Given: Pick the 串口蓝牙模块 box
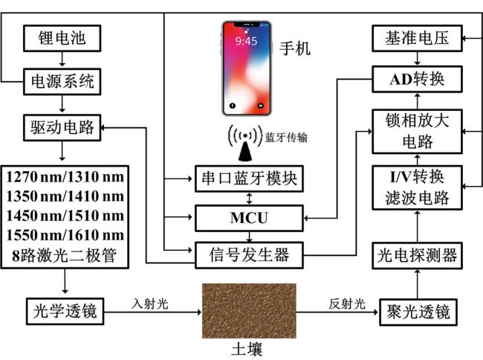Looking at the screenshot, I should (249, 179).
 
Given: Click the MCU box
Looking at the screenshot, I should (249, 219).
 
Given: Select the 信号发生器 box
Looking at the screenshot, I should (249, 256).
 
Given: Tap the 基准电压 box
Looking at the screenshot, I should (417, 36).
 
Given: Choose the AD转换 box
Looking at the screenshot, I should (417, 77).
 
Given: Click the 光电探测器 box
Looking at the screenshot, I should (417, 256).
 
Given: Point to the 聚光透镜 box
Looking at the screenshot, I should (417, 309).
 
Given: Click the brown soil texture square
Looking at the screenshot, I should (248, 310).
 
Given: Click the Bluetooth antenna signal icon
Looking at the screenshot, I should (245, 142).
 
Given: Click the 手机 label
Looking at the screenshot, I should (295, 50).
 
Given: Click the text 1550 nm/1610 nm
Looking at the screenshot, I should (65, 234).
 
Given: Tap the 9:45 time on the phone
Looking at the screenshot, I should (246, 41).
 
